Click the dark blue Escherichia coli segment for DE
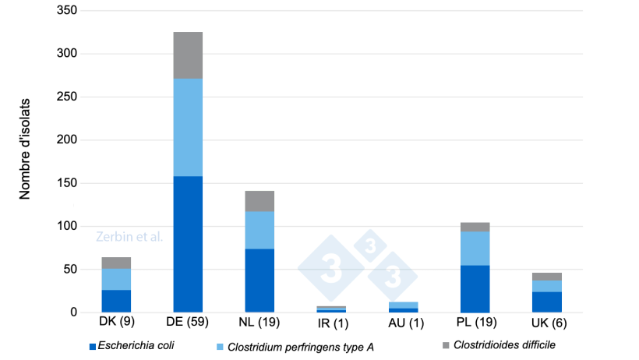(x=188, y=244)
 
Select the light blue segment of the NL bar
(x=259, y=230)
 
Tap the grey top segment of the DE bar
(x=188, y=55)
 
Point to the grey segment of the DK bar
(x=116, y=263)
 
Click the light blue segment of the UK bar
(x=545, y=286)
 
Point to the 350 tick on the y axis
(x=67, y=11)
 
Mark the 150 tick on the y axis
(x=67, y=183)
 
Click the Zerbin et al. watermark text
(x=129, y=236)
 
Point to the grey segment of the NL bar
(x=259, y=201)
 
